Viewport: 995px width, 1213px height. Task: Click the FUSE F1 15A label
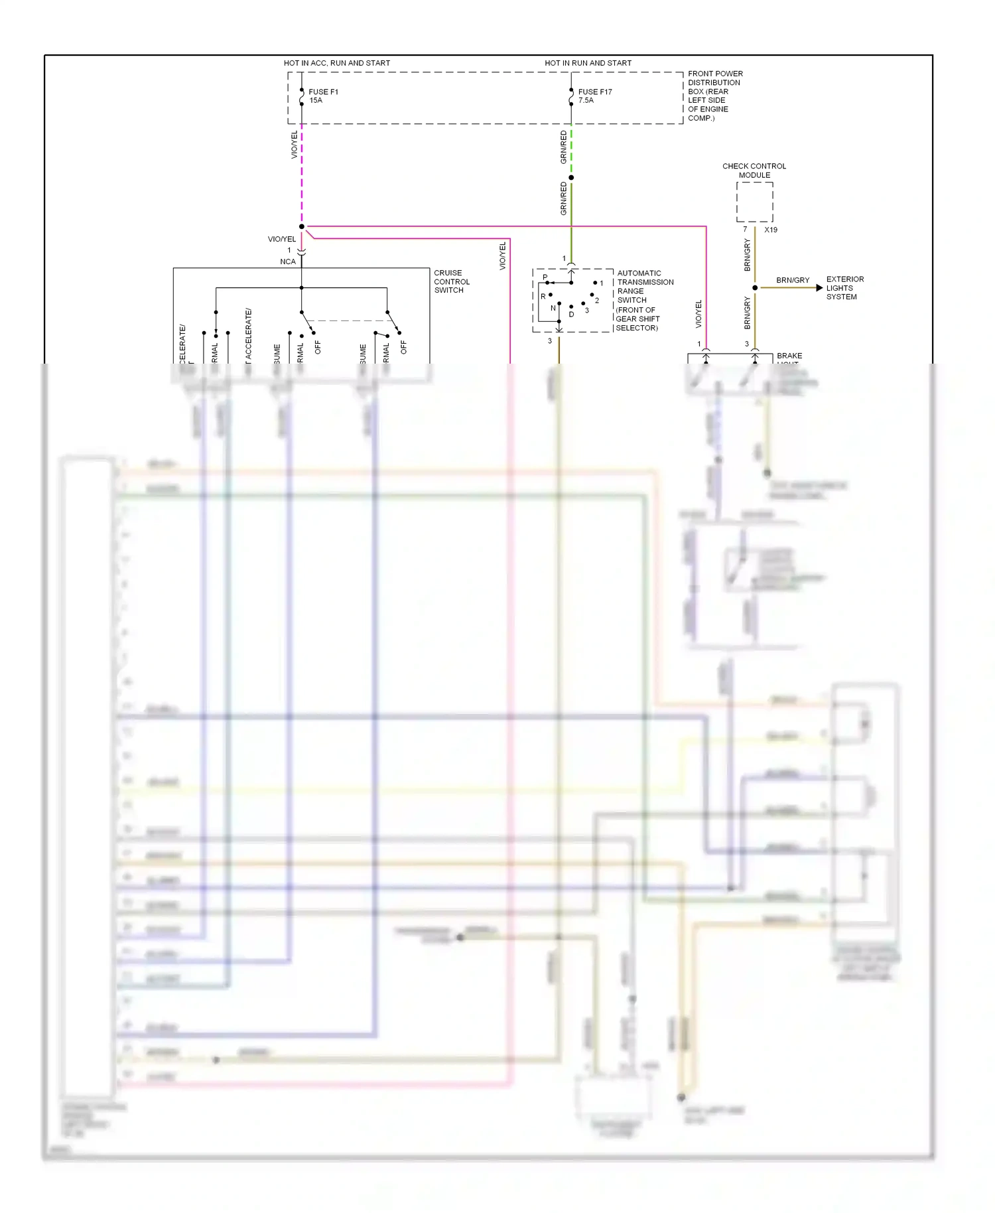tap(323, 96)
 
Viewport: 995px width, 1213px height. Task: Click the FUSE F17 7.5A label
tap(594, 96)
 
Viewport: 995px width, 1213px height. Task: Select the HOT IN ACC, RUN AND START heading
tap(336, 63)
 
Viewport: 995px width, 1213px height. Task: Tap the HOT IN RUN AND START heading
tap(588, 63)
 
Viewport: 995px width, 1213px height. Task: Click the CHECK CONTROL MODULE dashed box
tap(754, 202)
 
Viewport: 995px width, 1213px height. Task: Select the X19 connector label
tap(770, 230)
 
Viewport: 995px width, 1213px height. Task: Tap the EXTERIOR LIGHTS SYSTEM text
tap(844, 288)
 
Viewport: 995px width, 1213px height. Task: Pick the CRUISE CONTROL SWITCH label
tap(451, 281)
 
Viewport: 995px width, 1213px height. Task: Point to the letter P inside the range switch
tap(545, 277)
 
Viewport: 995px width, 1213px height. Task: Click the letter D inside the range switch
tap(571, 315)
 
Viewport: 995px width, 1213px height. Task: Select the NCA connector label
tap(287, 261)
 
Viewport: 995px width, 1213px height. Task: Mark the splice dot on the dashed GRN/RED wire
tap(571, 178)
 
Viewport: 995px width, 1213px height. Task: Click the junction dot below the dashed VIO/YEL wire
tap(302, 227)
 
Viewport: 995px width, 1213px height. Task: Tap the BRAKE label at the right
tap(789, 356)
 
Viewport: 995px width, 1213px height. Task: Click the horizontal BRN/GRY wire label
tap(793, 281)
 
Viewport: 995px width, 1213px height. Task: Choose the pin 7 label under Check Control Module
tap(745, 230)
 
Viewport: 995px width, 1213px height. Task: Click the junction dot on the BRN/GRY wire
tap(755, 288)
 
